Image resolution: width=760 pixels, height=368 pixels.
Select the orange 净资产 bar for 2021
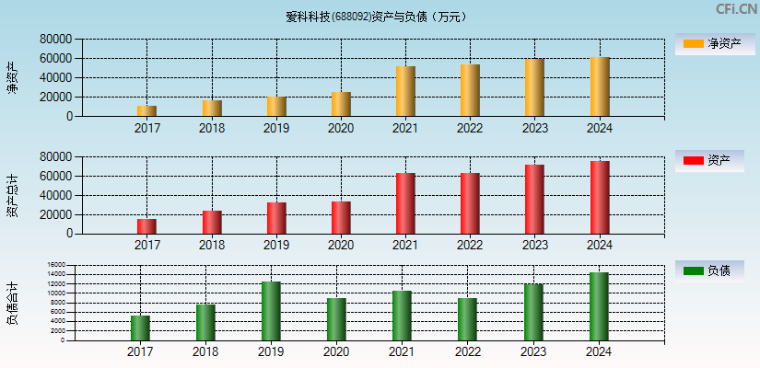pyautogui.click(x=405, y=91)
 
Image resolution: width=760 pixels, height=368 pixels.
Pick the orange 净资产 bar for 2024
pyautogui.click(x=600, y=86)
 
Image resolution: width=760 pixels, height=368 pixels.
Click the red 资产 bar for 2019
pyautogui.click(x=276, y=218)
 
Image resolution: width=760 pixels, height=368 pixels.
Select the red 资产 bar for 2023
pyautogui.click(x=534, y=199)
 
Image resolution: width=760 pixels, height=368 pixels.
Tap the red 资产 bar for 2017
pyautogui.click(x=146, y=226)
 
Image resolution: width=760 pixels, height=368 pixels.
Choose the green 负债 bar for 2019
pyautogui.click(x=271, y=311)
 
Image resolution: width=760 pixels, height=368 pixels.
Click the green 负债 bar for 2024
pyautogui.click(x=599, y=306)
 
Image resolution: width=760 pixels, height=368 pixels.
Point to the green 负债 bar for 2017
pyautogui.click(x=140, y=328)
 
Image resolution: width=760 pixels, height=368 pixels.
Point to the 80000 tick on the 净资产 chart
pyautogui.click(x=56, y=40)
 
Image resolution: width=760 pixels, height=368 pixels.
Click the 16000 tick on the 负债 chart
pyautogui.click(x=57, y=265)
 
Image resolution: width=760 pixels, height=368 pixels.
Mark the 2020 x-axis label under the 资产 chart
pyautogui.click(x=341, y=246)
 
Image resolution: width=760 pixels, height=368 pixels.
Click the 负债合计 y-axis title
pyautogui.click(x=12, y=304)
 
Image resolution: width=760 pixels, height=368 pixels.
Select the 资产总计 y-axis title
pyautogui.click(x=12, y=195)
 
